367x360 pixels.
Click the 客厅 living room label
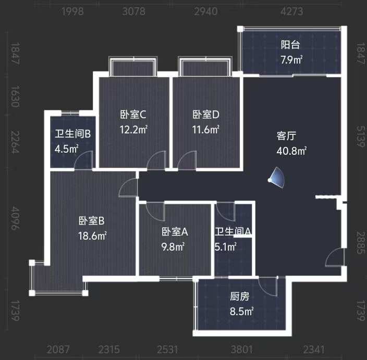click(286, 136)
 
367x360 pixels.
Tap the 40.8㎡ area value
click(291, 152)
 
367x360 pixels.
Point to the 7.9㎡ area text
click(291, 59)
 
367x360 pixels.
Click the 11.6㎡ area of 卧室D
click(206, 129)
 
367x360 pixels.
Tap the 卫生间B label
click(73, 134)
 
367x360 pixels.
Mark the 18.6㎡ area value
click(92, 235)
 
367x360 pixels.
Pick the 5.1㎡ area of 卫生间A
click(226, 246)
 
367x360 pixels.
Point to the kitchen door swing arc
click(268, 286)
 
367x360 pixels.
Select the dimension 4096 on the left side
click(14, 219)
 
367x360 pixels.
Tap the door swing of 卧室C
click(156, 162)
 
